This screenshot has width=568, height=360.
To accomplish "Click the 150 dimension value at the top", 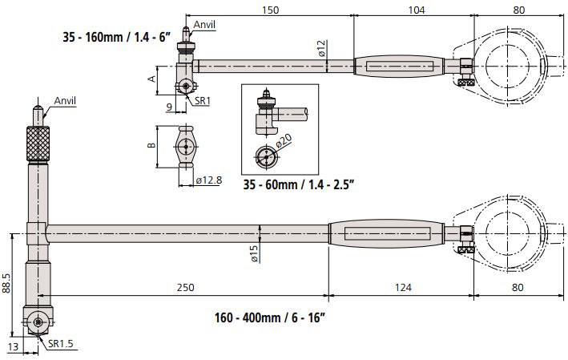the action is pos(270,10).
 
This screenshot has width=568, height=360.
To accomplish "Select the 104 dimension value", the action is pos(417,10).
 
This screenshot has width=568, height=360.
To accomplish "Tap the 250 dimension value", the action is pos(185,287).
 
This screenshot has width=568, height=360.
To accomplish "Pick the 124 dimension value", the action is pos(403,287).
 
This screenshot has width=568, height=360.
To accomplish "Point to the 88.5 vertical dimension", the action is pos(6,283).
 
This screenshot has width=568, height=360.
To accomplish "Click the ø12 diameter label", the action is pos(322,49).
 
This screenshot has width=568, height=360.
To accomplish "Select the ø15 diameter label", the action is pos(254,253).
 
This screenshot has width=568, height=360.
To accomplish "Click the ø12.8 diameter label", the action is pos(209,180).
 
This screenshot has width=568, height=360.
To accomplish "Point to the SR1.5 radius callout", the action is pos(61,343).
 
